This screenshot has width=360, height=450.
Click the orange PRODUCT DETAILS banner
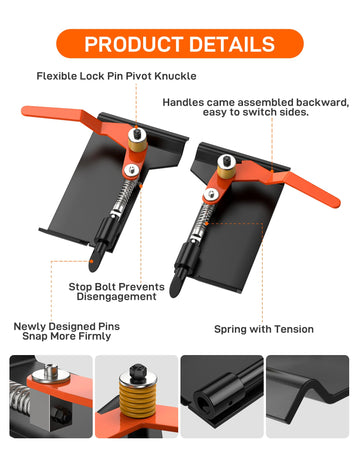180,44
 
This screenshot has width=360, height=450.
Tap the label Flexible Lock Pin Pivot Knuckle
116,76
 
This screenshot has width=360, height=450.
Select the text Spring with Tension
264,329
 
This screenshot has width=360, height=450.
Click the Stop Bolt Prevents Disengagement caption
116,292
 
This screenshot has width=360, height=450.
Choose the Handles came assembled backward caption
256,107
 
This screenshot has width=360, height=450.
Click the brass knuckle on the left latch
137,141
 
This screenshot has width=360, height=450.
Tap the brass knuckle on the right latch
227,168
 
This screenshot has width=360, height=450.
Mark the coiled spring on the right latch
202,222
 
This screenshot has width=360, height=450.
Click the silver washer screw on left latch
132,170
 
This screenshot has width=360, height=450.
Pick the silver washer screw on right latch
211,195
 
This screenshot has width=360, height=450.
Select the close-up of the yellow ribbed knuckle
137,396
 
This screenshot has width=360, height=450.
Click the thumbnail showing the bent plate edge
307,396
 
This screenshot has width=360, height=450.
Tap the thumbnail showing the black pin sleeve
222,396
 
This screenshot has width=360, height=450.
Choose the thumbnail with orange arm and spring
51,396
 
